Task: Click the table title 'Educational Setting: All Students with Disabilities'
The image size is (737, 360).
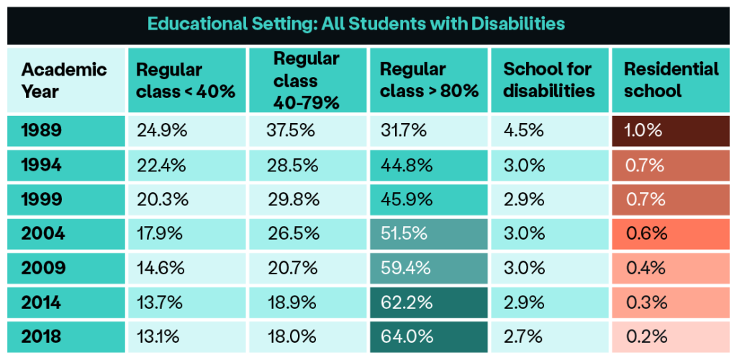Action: pos(356,24)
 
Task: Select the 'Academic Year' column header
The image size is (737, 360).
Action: pos(64,80)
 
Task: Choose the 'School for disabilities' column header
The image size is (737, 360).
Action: pos(549,80)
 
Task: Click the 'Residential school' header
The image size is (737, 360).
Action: pos(671,80)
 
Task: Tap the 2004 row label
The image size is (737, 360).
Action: pos(43,233)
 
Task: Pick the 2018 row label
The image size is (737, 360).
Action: pos(43,336)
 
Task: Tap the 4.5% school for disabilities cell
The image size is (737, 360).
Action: pos(549,130)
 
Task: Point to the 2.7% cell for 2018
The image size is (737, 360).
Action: pos(549,336)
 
